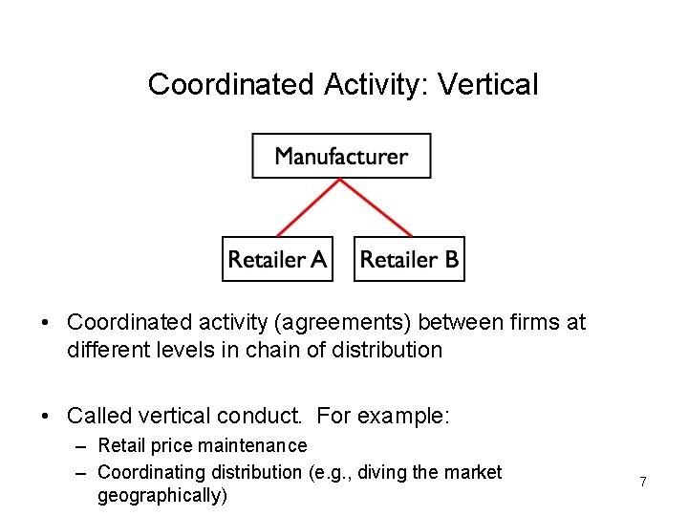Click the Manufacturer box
[x=341, y=156]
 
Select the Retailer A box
[x=277, y=259]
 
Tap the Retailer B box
[x=409, y=259]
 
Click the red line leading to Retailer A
[x=308, y=207]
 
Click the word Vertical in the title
[x=487, y=85]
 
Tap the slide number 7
[x=643, y=483]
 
